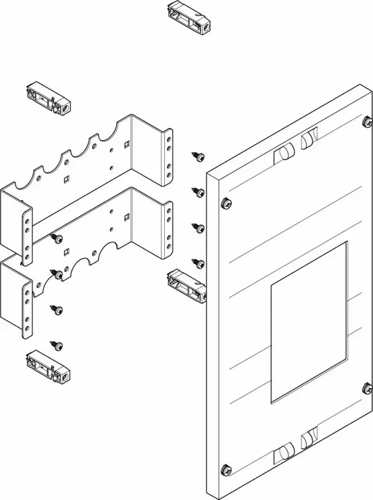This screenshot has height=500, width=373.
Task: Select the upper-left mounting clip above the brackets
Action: [x=46, y=98]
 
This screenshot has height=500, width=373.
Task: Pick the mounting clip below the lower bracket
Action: [x=47, y=367]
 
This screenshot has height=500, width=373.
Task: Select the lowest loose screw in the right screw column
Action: [x=199, y=263]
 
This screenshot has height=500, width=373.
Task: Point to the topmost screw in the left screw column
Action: [x=57, y=238]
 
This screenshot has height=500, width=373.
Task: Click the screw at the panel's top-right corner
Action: [x=364, y=122]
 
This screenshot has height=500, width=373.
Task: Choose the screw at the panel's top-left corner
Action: [x=226, y=202]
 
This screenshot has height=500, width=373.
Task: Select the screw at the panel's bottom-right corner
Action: [x=364, y=388]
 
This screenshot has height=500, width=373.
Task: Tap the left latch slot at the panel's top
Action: [x=283, y=152]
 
